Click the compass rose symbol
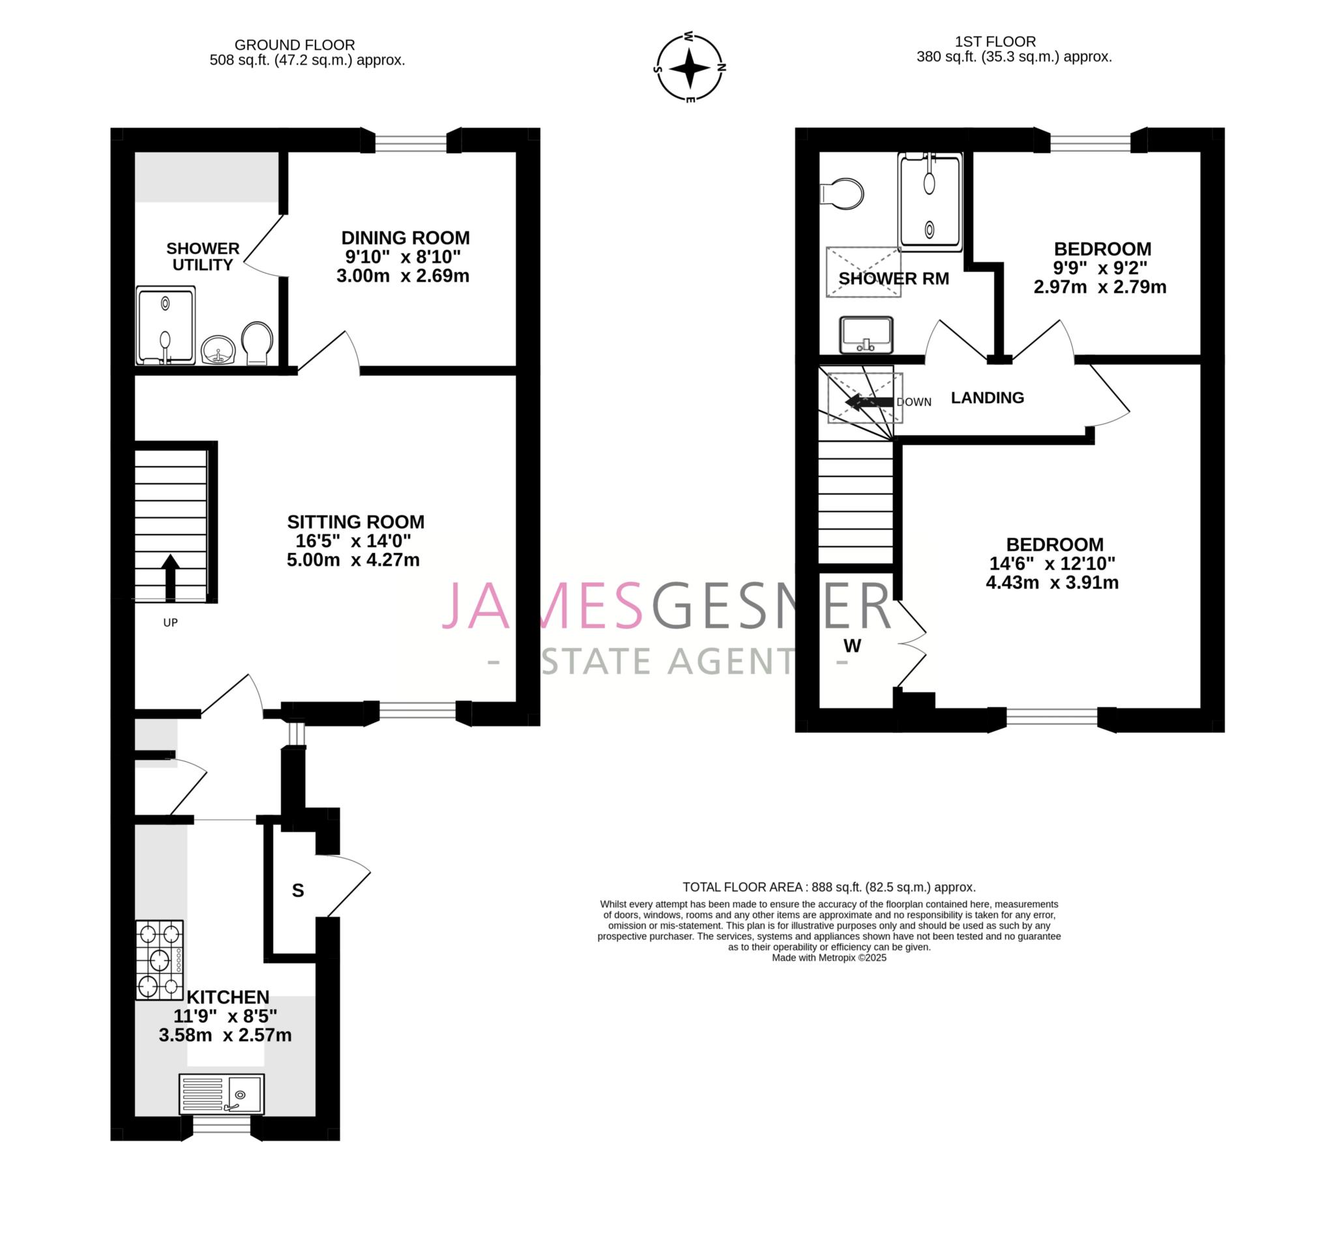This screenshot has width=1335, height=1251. coord(689,68)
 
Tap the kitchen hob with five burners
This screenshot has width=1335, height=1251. coord(160,960)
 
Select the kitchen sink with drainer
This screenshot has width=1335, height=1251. coord(222,1094)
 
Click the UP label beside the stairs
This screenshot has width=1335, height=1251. coord(171,623)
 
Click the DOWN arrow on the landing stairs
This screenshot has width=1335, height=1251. coord(868,402)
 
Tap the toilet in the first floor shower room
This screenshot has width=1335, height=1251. coord(843,194)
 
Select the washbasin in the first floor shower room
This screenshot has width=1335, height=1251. coord(866,334)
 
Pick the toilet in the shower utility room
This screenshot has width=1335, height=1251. coord(257,343)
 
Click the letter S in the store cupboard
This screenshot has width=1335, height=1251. coord(298,890)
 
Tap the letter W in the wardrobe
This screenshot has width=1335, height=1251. coord(852,646)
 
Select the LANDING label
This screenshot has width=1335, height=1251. coord(987,398)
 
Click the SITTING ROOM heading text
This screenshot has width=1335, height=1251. coord(355,522)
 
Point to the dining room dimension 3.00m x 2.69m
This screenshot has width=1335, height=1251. coord(402,276)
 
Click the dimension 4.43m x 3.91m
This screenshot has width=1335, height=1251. coord(1051,582)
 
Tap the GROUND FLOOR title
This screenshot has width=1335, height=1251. coord(294,45)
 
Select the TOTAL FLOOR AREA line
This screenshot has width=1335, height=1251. coord(829,887)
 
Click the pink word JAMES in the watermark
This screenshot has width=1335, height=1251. coord(542,606)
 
